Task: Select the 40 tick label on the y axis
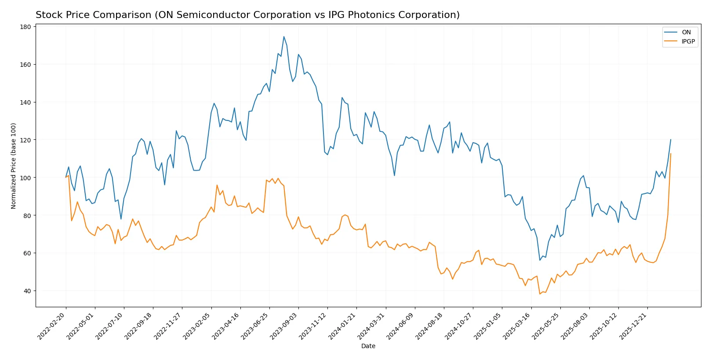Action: click(27, 291)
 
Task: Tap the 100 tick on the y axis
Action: click(25, 178)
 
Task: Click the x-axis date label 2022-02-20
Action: click(52, 326)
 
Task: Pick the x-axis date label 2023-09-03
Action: click(284, 326)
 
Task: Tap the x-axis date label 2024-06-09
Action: click(401, 326)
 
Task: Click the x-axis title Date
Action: click(368, 346)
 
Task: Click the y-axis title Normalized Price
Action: click(14, 166)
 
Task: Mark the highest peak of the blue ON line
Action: click(284, 36)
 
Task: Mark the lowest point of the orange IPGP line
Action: click(540, 294)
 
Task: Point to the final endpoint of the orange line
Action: click(671, 154)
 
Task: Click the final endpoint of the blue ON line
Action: click(671, 140)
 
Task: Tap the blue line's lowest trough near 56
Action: click(540, 260)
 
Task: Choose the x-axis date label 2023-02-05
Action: click(197, 326)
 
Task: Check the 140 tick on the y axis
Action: click(25, 102)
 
